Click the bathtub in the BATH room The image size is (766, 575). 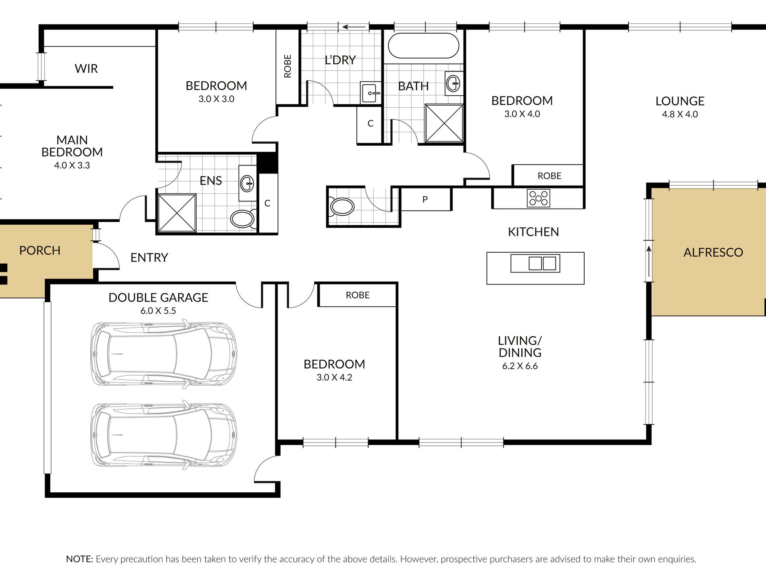423,46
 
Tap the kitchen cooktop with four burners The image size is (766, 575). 539,198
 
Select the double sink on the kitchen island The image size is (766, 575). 535,263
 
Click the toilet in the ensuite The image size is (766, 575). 243,218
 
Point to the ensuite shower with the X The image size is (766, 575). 177,213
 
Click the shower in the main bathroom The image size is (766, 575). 444,123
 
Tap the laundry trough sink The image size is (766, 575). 371,93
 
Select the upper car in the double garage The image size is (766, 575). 163,354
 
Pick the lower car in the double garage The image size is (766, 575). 163,435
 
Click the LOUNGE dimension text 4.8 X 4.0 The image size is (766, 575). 680,114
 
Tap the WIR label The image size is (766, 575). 86,69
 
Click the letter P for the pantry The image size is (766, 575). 425,199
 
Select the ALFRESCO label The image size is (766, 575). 713,253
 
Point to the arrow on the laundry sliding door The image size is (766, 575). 354,27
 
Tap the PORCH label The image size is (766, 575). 40,251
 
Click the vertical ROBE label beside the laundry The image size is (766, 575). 287,66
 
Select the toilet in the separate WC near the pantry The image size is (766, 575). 341,207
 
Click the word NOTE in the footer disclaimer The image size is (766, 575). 79,559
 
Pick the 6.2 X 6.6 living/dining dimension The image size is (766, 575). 520,366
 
